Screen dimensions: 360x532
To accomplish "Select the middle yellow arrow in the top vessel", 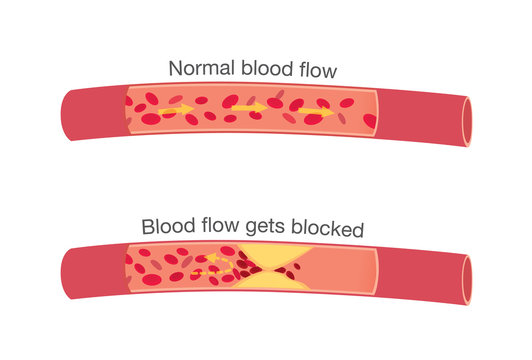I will [250, 107].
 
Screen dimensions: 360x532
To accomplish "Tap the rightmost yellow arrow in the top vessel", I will [318, 112].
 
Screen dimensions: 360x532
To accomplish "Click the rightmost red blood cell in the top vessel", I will [369, 120].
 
